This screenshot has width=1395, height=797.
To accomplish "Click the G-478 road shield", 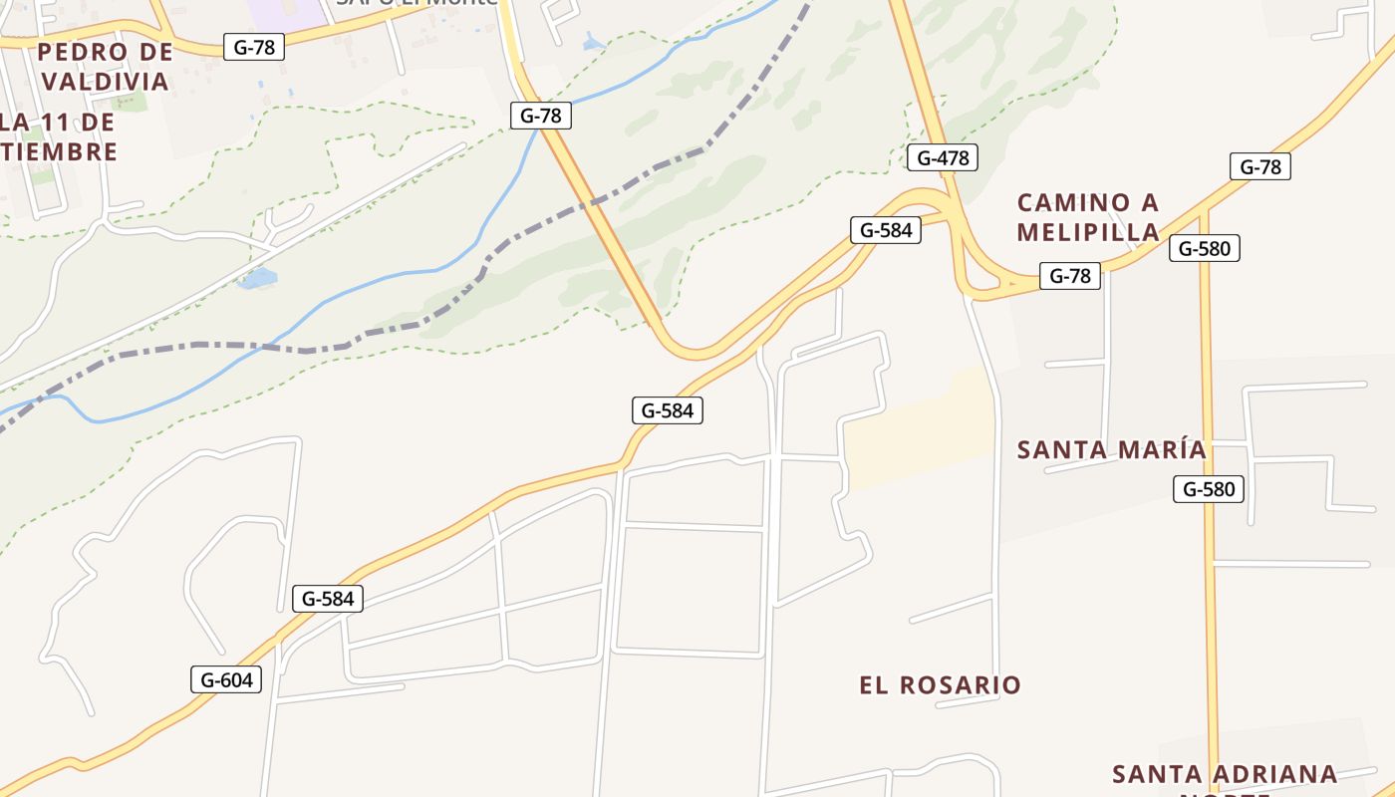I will pos(943,157).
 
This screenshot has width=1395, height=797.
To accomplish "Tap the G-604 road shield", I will pos(226,680).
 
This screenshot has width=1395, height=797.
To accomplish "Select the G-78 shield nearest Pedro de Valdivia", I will pos(254,47).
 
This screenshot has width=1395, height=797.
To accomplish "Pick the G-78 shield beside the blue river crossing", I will pos(541,116).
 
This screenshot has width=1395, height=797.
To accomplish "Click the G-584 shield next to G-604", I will pos(328,599).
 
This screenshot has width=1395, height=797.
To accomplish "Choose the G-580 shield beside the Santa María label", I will pos(1209,489).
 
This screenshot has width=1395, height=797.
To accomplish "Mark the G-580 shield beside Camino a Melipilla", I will pos(1205,248).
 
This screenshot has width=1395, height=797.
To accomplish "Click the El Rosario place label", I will pos(940,685).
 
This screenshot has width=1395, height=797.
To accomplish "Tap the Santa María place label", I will pos(1111,450).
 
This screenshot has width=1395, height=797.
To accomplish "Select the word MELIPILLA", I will pos(1088,232).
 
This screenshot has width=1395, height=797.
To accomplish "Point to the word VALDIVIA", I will pos(107,81).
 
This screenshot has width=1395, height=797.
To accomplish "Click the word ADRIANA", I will pos(1266,774).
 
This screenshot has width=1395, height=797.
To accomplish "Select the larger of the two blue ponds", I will pos(258,278).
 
